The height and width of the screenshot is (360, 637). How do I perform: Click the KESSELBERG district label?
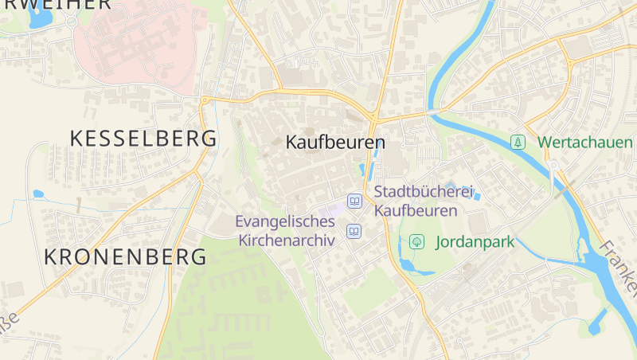pos(143,138)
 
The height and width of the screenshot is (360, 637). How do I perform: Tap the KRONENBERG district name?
pos(125,256)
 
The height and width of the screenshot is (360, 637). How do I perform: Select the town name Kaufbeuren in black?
pos(335,143)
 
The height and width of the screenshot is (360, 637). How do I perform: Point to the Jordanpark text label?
pos(475,241)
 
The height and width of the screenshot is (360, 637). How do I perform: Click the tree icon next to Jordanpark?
pos(416,241)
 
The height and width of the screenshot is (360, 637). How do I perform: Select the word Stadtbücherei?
pos(423,192)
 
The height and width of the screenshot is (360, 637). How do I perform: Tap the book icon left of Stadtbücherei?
pos(354,201)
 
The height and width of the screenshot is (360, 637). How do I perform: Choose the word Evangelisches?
pos(285,221)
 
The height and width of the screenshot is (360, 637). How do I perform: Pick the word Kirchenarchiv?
pos(285,240)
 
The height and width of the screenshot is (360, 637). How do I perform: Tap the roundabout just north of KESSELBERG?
pos(205,100)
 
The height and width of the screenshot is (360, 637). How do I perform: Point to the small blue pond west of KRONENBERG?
pos(37,194)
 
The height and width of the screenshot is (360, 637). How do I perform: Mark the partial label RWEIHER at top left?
pos(56,5)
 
